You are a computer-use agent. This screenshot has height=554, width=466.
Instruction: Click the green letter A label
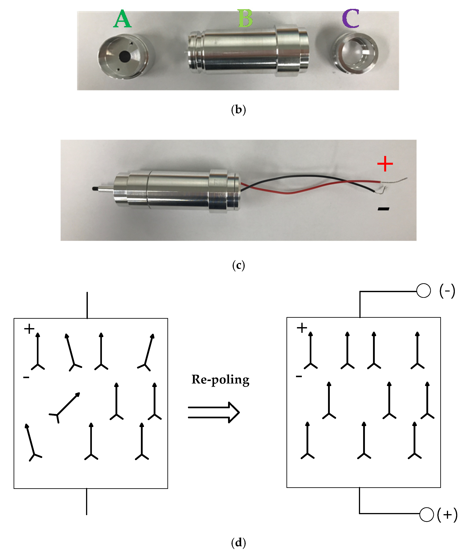122,19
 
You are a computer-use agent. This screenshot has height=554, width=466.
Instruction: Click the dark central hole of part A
124,56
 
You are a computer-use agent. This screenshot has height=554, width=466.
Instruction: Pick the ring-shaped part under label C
355,53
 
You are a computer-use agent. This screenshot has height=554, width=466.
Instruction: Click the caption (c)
238,265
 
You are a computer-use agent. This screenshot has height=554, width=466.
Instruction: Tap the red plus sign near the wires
385,164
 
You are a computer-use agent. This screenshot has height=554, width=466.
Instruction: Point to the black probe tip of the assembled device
94,188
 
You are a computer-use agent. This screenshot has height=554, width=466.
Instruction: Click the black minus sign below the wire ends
383,209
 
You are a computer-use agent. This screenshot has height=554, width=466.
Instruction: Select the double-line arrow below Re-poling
214,412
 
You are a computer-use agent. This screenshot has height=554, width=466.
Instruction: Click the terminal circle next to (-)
423,291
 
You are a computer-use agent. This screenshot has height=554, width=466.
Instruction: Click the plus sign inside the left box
29,329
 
